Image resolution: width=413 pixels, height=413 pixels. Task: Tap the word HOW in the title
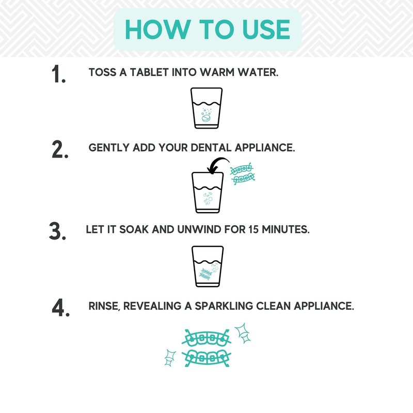pos(158,29)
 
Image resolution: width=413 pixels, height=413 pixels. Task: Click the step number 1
pos(58,74)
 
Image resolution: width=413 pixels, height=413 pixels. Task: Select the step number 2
pos(60,149)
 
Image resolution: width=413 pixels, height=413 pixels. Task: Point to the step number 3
pos(57,231)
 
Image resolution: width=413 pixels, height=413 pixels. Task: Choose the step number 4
pos(60,307)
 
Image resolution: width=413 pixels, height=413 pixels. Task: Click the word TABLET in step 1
pos(149,72)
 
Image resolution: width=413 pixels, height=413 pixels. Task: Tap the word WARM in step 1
pos(217,72)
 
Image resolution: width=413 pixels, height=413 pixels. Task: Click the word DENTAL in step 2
pos(211,148)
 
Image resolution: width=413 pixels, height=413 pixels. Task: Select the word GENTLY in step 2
pos(109,148)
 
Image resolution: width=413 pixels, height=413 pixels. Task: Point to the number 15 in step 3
pos(253,229)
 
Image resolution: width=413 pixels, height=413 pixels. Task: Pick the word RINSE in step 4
pos(104,306)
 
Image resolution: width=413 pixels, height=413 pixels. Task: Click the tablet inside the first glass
pos(206,118)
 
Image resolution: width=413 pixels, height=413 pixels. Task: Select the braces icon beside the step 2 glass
pos(242,173)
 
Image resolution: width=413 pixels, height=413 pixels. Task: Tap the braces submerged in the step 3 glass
pos(205,274)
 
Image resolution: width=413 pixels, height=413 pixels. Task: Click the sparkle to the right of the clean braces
pos(243,333)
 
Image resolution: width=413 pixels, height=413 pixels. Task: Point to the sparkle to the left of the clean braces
pos(170,358)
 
